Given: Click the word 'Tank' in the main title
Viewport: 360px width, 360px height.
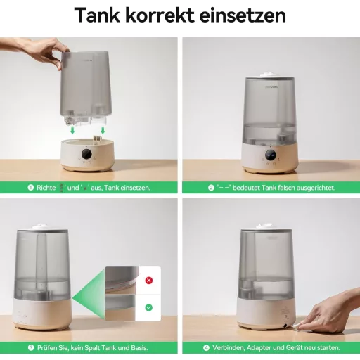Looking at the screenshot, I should pos(103,15).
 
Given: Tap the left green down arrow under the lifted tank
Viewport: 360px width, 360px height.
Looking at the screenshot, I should pos(71,129).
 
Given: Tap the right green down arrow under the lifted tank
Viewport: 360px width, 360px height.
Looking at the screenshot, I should pos(103,129).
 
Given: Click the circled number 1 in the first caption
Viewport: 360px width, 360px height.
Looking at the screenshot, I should pos(31,188).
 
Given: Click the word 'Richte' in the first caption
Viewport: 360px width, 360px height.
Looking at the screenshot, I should pos(47,188).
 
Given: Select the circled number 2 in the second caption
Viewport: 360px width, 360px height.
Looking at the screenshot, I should pos(211,188).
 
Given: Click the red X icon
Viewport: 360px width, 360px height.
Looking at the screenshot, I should pos(148,280).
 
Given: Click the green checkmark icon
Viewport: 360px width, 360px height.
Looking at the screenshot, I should pos(148,307).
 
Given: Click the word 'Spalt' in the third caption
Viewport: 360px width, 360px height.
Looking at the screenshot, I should pos(93,347).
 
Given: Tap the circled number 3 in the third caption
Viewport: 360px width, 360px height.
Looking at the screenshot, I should pos(31,347).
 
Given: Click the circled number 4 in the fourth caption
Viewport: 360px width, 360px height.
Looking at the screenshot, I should pos(207,347).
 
